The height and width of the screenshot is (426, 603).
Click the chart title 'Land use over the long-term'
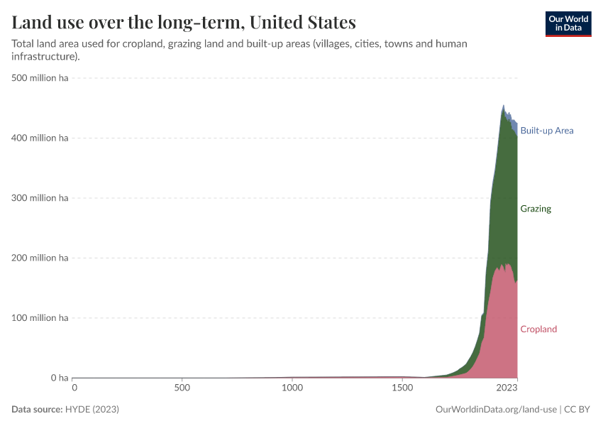click(128, 22)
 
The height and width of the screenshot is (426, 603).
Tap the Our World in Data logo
click(568, 23)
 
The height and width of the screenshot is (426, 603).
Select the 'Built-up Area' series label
click(546, 131)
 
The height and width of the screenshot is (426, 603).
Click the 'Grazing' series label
click(535, 209)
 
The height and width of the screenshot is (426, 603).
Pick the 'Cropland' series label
click(538, 329)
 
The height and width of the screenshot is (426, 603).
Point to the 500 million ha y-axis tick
click(40, 78)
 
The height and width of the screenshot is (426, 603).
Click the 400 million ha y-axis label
click(40, 138)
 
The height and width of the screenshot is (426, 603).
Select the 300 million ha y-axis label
click(40, 198)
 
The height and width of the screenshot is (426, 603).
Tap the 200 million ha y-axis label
click(40, 258)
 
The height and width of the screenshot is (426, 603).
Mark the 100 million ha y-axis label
click(40, 317)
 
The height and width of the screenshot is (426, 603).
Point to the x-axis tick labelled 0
click(74, 388)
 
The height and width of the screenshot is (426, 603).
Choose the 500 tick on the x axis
click(182, 388)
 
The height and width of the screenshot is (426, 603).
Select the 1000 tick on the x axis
click(292, 388)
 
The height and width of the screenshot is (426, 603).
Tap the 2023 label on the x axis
click(507, 388)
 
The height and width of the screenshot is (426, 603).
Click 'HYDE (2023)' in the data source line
click(92, 410)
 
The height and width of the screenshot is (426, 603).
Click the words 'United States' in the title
click(302, 22)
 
